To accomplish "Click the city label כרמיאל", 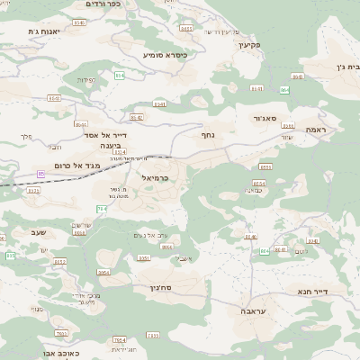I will [x=161, y=178].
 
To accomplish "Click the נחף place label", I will [x=208, y=134].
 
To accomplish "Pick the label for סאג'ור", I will [x=256, y=118].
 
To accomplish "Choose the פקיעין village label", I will [x=249, y=44].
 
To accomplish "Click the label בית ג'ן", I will [x=346, y=67].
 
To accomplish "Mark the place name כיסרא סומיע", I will [x=166, y=55].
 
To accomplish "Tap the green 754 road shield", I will [x=102, y=210].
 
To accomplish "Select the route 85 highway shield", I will [x=41, y=173].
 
